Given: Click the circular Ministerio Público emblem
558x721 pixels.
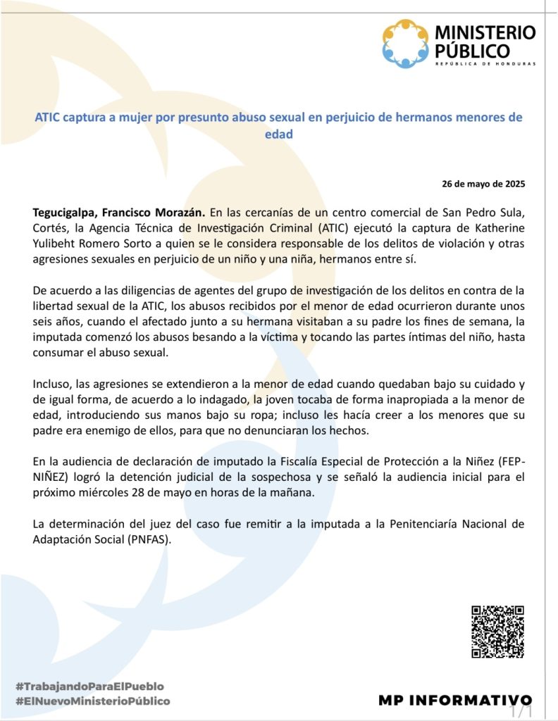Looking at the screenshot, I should click(406, 44).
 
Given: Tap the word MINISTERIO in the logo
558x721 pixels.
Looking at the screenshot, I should click(485, 32).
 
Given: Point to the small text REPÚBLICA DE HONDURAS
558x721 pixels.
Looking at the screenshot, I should click(485, 63).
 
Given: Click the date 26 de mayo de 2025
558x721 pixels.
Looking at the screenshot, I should click(483, 184).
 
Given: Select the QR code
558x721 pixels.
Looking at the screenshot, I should click(497, 632).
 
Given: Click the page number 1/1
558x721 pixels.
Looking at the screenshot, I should click(522, 712).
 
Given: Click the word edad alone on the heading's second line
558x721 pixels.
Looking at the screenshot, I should click(278, 132).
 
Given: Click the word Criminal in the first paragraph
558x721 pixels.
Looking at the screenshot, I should click(260, 227).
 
